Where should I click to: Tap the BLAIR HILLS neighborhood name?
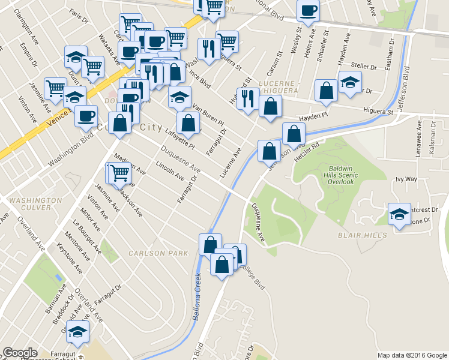click(x=363, y=235)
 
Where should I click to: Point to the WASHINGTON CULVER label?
click(x=35, y=204)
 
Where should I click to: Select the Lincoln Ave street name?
click(x=170, y=170)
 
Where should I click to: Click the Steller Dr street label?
click(x=364, y=65)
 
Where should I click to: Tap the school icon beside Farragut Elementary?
click(x=77, y=331)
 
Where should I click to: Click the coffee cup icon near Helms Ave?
click(x=309, y=10)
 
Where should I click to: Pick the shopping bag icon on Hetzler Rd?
click(x=294, y=134)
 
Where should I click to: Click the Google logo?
click(x=20, y=353)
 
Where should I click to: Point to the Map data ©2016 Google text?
click(x=412, y=355)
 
